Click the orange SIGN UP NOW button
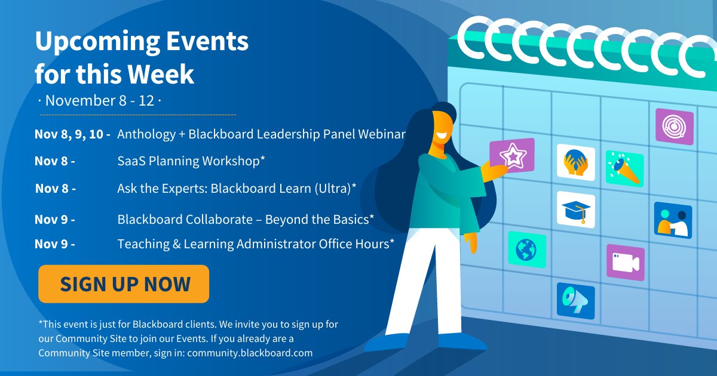[x=124, y=284]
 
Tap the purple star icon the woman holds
[x=512, y=156]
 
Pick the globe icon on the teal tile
[x=527, y=249]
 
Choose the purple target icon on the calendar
[x=675, y=127]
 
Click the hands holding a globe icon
[x=576, y=162]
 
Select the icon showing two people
[x=673, y=221]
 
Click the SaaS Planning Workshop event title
[x=191, y=161]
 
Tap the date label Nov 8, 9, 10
[x=72, y=134]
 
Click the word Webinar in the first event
[x=382, y=134]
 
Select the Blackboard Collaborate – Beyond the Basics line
[x=246, y=220]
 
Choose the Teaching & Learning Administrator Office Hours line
[x=256, y=244]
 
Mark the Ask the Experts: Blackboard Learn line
[x=237, y=189]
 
